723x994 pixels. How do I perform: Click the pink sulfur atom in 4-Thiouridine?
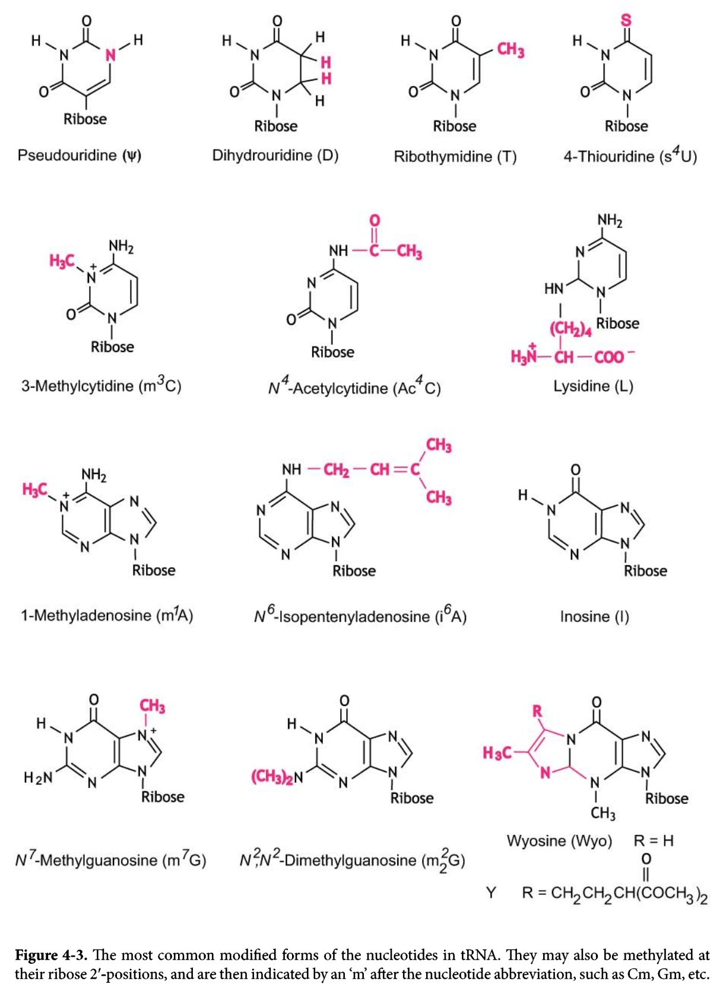point(626,20)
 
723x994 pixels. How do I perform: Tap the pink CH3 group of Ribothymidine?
point(510,49)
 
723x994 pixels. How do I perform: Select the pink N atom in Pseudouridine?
point(110,55)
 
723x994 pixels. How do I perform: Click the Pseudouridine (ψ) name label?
point(80,156)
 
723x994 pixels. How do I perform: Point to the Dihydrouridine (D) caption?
point(275,156)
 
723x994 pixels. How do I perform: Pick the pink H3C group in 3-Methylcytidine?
point(62,261)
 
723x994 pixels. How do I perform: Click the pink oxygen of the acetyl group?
point(375,220)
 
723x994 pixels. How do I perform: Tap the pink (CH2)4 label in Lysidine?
point(570,328)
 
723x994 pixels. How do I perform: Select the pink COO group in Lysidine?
point(609,357)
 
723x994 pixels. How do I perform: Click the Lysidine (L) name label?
point(593,386)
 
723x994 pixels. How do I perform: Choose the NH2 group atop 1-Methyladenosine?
point(94,475)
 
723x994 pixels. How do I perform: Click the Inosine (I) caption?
point(594,616)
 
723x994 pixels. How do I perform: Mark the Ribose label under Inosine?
point(645,571)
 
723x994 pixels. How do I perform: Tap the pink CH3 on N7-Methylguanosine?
point(153,706)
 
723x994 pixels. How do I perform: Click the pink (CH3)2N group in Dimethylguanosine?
point(277,777)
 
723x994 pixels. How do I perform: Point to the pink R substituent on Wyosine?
point(538,711)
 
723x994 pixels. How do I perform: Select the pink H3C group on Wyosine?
point(497,753)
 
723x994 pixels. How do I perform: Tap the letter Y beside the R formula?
point(491,892)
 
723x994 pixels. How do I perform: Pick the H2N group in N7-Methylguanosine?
point(38,777)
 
